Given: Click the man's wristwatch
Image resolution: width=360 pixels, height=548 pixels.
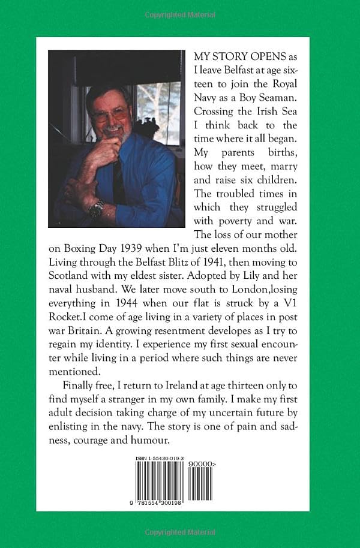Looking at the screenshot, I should tap(96, 208).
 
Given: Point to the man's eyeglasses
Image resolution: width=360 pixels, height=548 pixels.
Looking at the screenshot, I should tap(110, 113).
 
